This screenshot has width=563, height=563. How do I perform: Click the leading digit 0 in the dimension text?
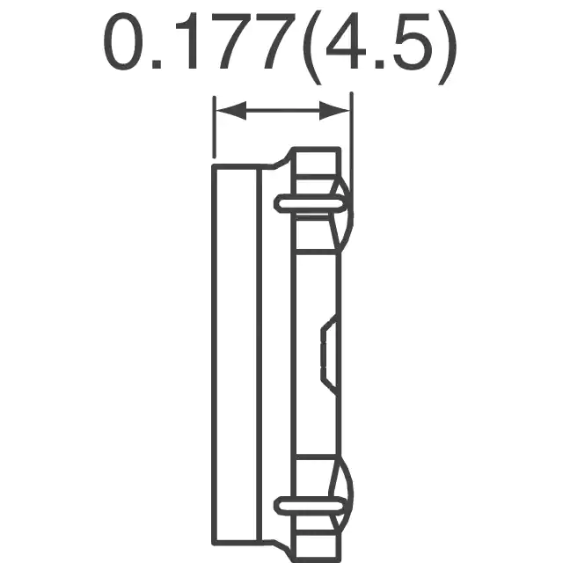pos(123,41)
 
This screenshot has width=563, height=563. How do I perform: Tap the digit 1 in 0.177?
pos(186,41)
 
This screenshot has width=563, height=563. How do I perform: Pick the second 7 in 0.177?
pos(274,41)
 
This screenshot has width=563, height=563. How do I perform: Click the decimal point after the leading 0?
pos(157,64)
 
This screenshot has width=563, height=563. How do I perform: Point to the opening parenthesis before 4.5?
pos(311,48)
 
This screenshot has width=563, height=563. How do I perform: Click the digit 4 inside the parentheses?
pos(345,41)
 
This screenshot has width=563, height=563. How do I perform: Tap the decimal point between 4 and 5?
pos(380,64)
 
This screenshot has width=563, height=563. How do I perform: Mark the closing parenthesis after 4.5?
pos(447,48)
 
